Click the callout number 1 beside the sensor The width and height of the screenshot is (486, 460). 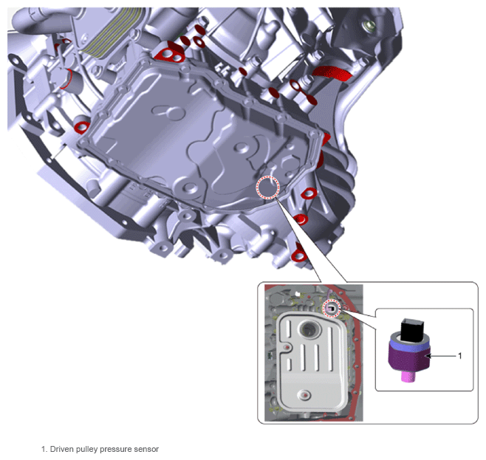tap(460, 356)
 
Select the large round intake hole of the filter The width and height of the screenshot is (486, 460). tap(308, 329)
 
